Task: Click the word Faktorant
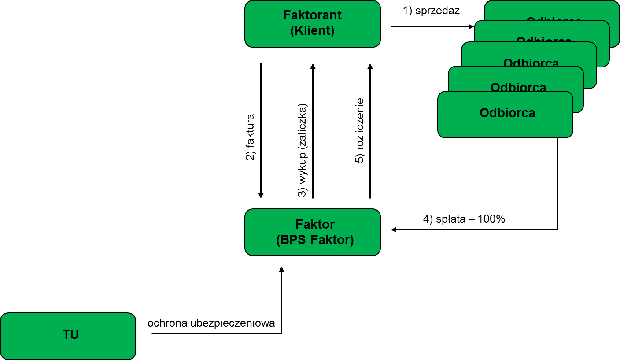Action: coord(312,15)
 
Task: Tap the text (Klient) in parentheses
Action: coord(312,31)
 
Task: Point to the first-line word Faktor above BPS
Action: coord(315,224)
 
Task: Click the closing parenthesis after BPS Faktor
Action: coord(352,240)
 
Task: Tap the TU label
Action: coord(70,334)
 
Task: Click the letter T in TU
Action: coord(66,334)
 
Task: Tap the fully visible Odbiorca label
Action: coord(507,113)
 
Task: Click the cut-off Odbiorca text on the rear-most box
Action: coord(554,19)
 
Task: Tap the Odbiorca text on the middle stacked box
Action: coord(531,63)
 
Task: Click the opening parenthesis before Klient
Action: coord(292,31)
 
